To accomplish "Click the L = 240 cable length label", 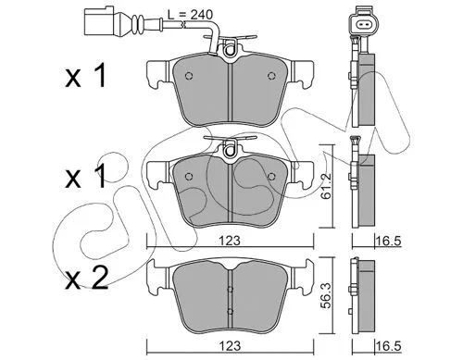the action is (190, 15).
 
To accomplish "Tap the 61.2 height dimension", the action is (326, 186).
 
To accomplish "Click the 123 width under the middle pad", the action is (231, 241).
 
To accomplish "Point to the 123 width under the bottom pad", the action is (231, 346).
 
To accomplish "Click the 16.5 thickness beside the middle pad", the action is (388, 241).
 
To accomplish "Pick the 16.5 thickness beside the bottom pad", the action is (388, 346).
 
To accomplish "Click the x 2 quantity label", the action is (86, 278).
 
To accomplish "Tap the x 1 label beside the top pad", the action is (85, 75).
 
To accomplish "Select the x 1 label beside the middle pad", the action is (85, 177).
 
